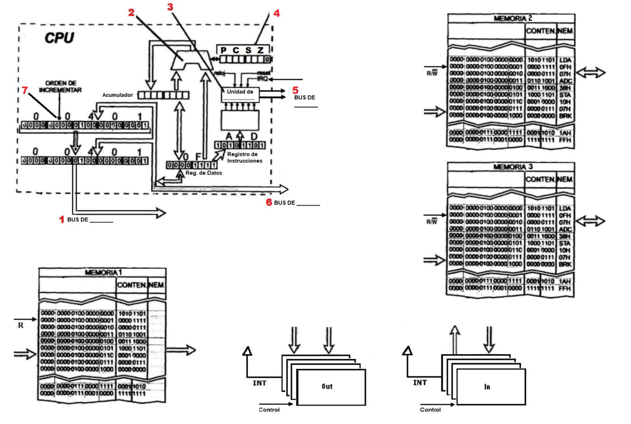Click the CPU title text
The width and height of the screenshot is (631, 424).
[x=59, y=38]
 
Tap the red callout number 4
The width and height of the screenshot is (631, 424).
[x=277, y=13]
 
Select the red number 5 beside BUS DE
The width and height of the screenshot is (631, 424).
[x=295, y=90]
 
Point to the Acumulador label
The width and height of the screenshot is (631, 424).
[x=117, y=95]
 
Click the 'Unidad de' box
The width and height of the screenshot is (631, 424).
[x=240, y=95]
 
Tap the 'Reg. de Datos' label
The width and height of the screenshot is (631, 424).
[x=204, y=173]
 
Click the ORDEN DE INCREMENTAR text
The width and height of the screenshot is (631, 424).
[x=60, y=87]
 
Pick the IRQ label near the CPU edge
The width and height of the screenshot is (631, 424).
[x=262, y=79]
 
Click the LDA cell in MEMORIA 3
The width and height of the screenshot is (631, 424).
[x=565, y=209]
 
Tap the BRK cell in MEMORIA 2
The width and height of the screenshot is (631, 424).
[x=565, y=116]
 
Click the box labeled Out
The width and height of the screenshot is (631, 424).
[x=331, y=387]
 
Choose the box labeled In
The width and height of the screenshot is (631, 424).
[x=491, y=387]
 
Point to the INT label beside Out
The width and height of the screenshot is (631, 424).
[x=259, y=383]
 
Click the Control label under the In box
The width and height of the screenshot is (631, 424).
[x=430, y=410]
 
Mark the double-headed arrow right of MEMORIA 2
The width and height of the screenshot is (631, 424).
[x=591, y=73]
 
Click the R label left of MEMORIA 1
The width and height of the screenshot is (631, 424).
[x=20, y=325]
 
